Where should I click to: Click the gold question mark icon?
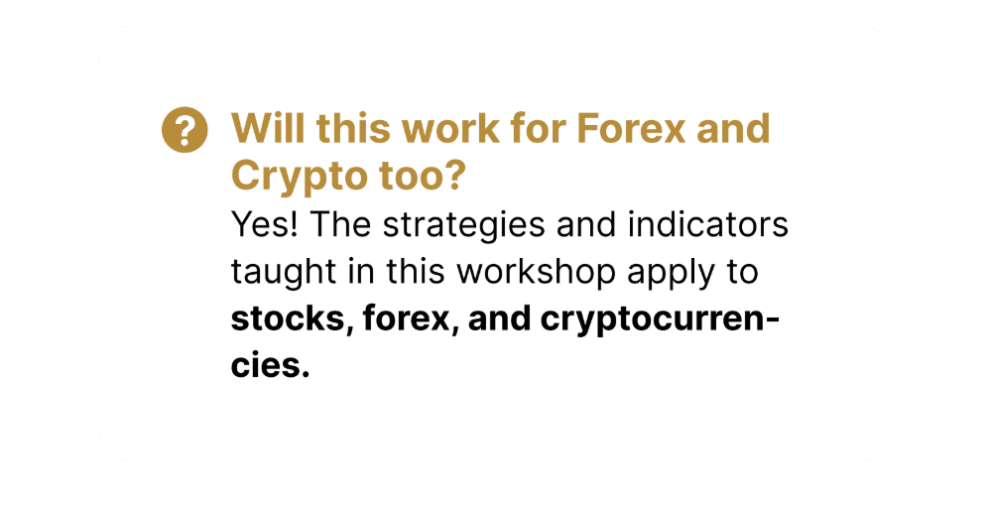coord(185,130)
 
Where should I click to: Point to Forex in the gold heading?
coord(631,128)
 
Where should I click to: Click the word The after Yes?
coord(340,224)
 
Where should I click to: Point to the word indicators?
coord(708,224)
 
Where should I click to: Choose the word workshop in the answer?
coord(537,273)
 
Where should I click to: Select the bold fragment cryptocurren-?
coord(660,320)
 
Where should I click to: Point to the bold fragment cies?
coord(271,367)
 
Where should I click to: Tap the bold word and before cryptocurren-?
coord(499,319)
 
